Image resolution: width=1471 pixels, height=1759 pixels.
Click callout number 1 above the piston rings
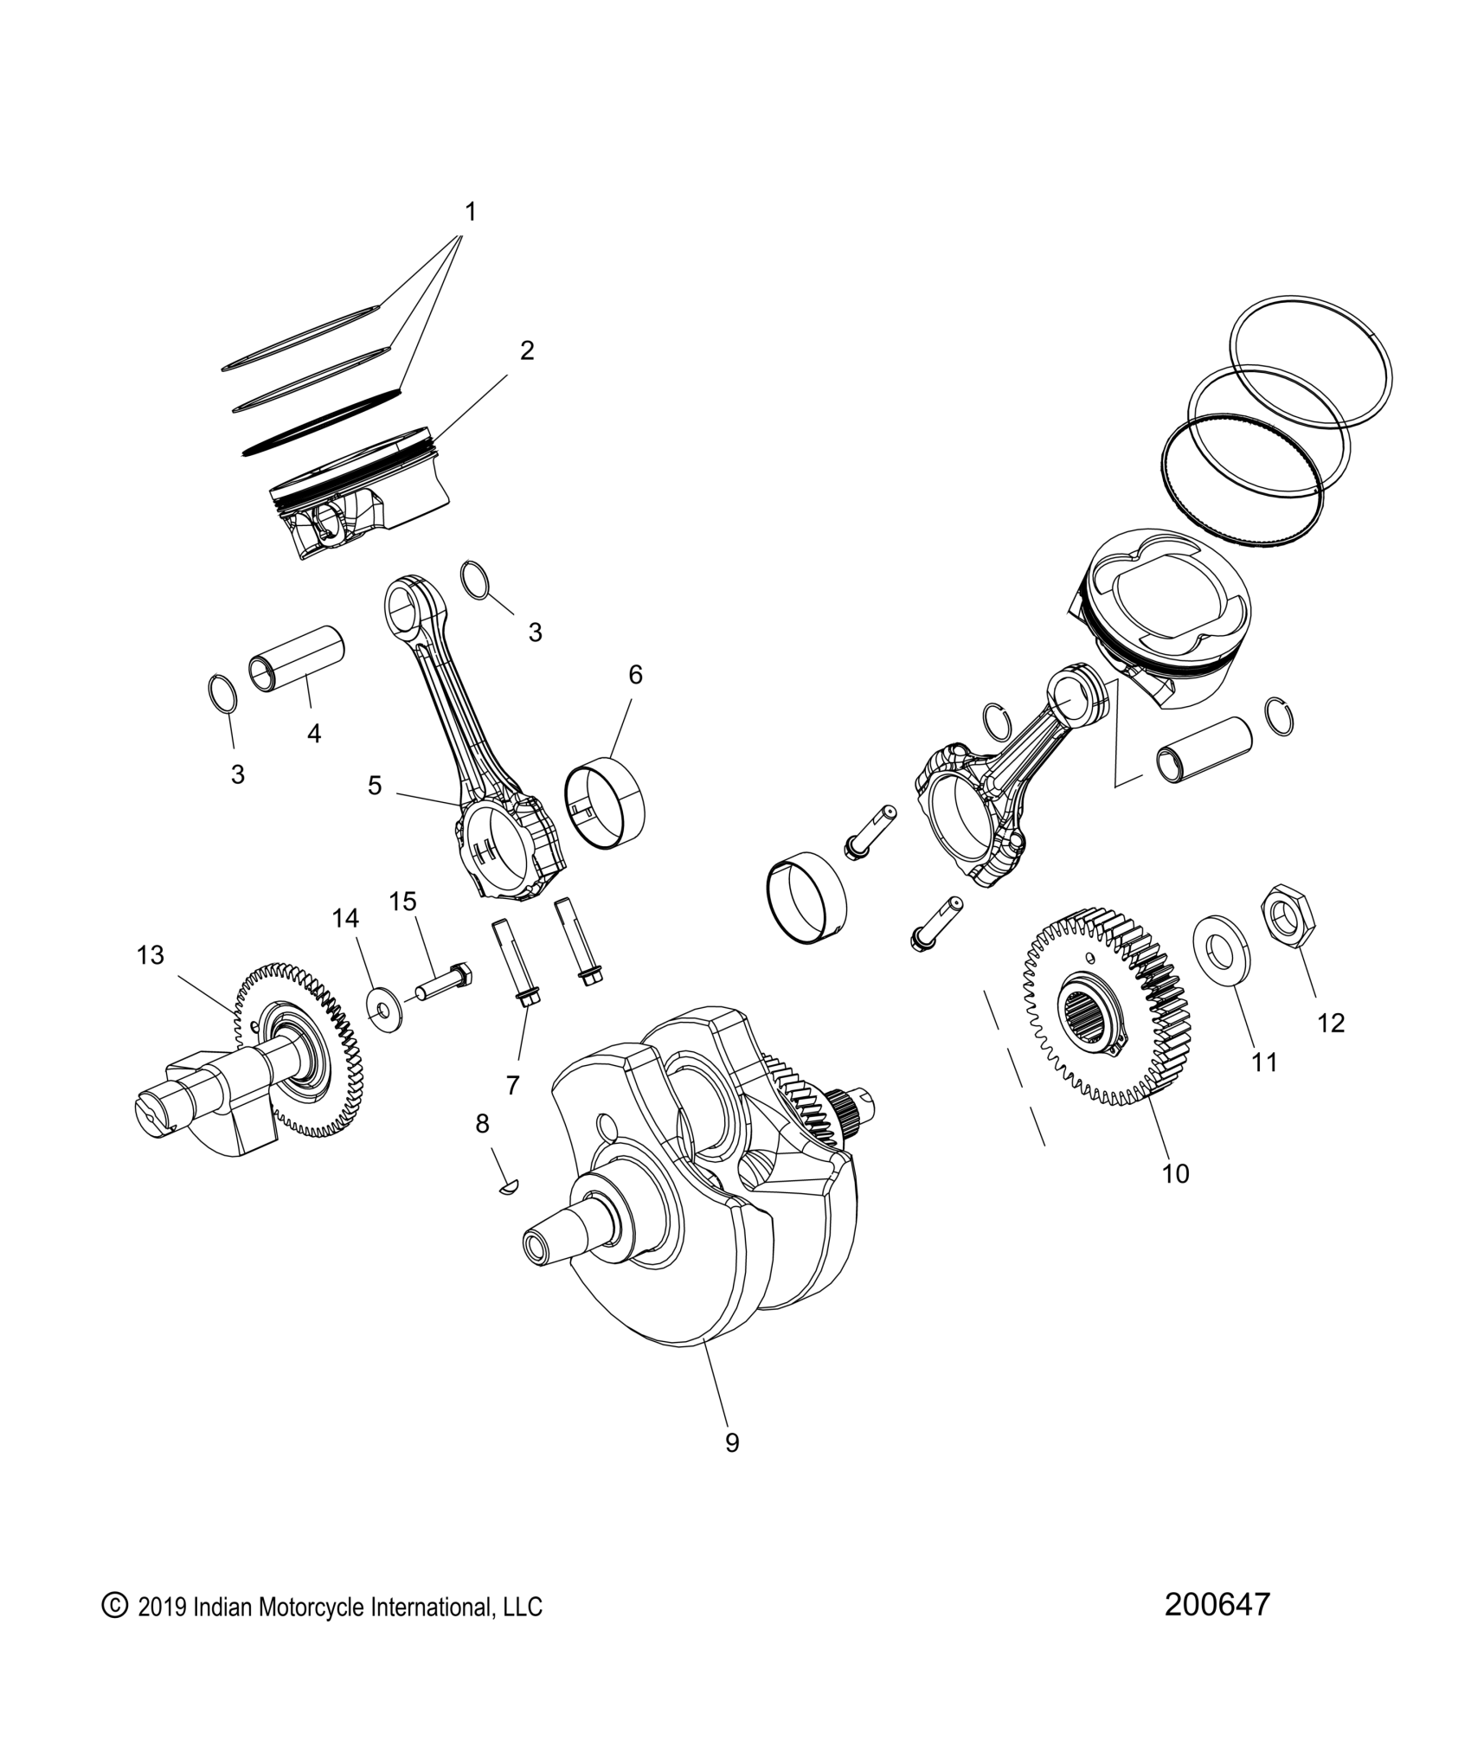(471, 212)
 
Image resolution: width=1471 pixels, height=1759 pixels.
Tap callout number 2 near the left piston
(527, 350)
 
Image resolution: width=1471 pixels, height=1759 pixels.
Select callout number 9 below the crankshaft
(732, 1442)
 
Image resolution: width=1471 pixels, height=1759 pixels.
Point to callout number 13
(150, 955)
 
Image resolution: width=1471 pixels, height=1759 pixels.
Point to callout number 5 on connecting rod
(375, 786)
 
